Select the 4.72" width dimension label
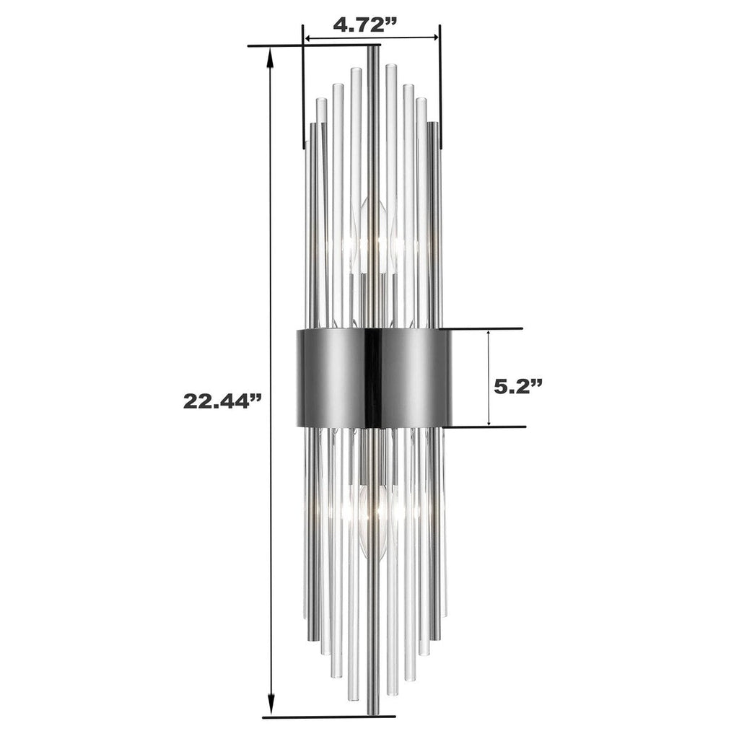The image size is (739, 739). tap(365, 23)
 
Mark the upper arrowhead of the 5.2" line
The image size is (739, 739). tap(489, 336)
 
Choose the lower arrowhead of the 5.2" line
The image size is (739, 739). tap(489, 420)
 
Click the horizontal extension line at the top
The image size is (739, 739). tap(310, 47)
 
